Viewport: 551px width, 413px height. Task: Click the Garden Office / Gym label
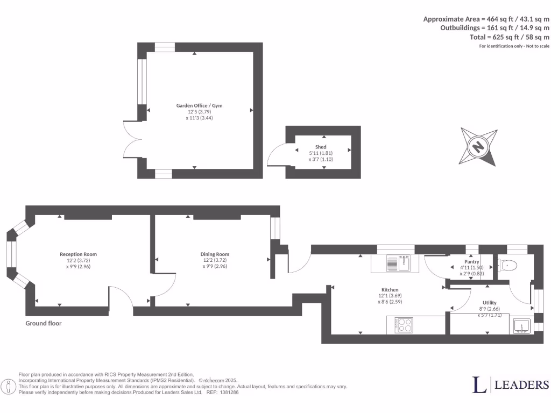[x=199, y=105]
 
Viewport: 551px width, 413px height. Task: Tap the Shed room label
[x=321, y=147]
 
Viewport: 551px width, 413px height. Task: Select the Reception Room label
[x=79, y=254]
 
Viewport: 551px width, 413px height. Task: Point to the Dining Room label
[x=215, y=254]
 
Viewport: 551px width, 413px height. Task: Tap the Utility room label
[x=489, y=303]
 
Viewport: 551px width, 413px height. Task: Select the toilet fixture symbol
[x=508, y=265]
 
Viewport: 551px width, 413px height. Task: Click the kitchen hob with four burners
[x=405, y=325]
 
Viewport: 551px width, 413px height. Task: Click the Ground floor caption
[x=44, y=323]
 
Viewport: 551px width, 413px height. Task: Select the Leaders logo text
[x=511, y=384]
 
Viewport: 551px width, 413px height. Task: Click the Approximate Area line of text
[x=486, y=19]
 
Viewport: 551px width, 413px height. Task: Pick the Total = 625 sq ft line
[x=510, y=37]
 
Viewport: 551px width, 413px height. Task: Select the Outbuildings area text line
[x=495, y=28]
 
